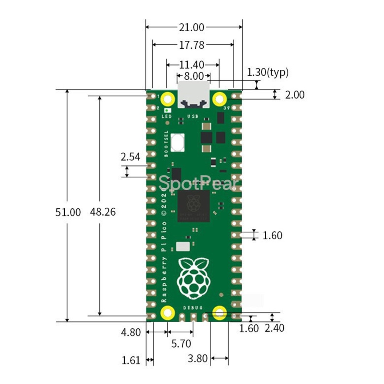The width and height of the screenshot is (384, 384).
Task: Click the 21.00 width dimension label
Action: point(191,27)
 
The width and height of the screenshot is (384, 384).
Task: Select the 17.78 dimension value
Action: point(192,45)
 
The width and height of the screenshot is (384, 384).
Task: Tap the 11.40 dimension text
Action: point(192,65)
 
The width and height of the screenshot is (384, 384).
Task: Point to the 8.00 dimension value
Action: point(193,76)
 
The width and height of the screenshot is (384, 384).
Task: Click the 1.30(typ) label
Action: point(268,72)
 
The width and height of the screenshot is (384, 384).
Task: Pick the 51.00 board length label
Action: point(68,212)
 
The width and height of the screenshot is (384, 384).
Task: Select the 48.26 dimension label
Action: point(103,212)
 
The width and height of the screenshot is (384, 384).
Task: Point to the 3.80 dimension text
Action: point(197,359)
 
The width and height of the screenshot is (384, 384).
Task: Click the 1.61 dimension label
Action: point(131,360)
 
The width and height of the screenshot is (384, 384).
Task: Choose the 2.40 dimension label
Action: point(275,328)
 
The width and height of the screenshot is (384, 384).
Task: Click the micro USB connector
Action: point(194,95)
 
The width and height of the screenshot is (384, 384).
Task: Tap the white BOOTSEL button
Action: point(177,142)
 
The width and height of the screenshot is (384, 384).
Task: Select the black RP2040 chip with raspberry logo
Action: point(194,205)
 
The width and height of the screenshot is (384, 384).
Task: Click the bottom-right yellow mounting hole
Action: point(219,313)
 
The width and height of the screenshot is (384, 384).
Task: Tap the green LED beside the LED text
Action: point(167,110)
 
